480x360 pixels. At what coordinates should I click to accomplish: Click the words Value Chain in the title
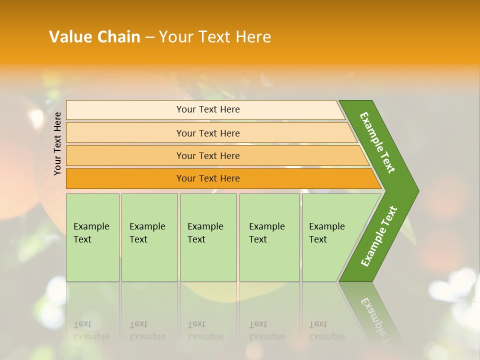click(x=94, y=37)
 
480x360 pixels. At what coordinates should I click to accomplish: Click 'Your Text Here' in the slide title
click(x=215, y=37)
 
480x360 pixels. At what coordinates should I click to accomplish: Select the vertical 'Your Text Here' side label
click(x=58, y=143)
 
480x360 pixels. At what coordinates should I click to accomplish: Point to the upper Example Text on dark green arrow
click(x=377, y=142)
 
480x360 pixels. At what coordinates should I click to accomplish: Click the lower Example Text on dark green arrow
click(x=379, y=236)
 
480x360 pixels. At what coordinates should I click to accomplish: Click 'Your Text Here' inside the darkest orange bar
click(x=208, y=178)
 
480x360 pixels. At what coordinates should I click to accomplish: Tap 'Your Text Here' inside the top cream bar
click(x=208, y=109)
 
